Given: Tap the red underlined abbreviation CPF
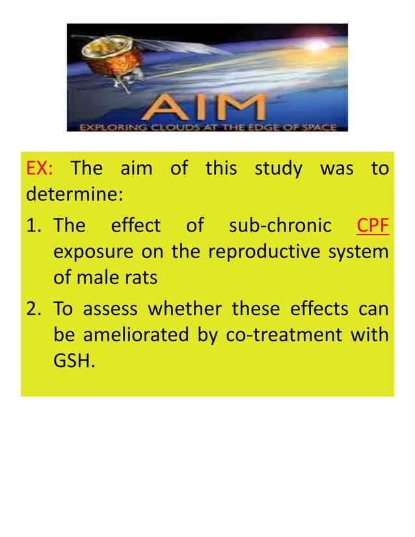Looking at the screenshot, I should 373,226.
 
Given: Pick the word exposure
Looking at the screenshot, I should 87,252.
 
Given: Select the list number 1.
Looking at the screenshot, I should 34,226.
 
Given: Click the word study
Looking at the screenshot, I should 278,170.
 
